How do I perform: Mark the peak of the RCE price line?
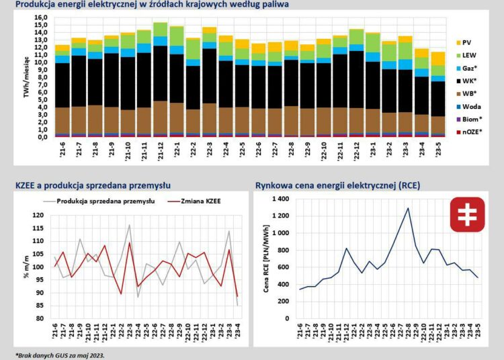408,208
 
